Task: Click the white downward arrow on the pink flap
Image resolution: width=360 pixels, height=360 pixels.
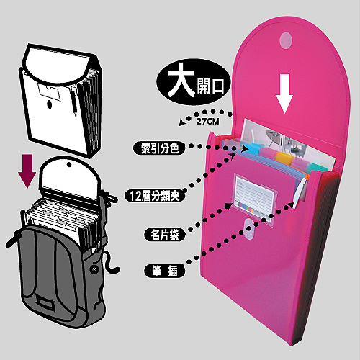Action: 284,94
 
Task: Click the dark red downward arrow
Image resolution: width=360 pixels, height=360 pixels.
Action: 27,171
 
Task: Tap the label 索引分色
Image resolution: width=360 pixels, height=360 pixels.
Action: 160,148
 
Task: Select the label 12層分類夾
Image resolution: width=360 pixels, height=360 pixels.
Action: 155,196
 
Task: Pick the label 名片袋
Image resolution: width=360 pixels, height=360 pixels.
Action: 165,235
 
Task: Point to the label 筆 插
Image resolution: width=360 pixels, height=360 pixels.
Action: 165,271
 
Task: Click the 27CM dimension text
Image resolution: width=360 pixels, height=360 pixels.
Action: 207,122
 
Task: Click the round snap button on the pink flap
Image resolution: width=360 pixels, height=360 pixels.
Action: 286,40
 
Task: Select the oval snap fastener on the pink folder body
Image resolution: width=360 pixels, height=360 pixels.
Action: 249,229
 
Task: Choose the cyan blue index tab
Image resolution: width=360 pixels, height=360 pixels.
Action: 253,147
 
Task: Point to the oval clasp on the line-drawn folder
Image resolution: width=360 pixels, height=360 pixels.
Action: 50,104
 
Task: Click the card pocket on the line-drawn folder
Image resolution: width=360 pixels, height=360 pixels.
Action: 49,91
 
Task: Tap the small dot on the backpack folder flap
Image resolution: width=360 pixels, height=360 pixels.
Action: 69,165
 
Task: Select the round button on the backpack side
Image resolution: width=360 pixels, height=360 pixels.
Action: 94,269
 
